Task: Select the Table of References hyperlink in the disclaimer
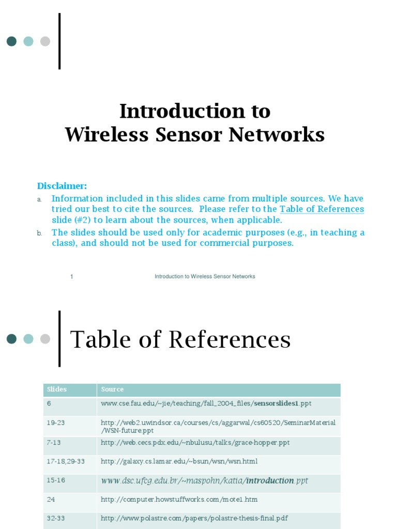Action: point(322,209)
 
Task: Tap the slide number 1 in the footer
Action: point(72,276)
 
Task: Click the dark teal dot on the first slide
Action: point(11,41)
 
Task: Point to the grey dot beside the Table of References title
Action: point(45,339)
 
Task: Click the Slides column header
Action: point(57,390)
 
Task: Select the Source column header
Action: point(112,390)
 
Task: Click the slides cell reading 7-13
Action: point(54,443)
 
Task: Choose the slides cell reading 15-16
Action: point(56,480)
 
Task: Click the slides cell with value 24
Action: point(51,500)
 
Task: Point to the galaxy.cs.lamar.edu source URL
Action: point(179,461)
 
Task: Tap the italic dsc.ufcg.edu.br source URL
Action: point(204,481)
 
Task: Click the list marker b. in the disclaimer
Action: point(39,234)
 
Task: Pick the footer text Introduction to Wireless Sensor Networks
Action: point(205,276)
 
